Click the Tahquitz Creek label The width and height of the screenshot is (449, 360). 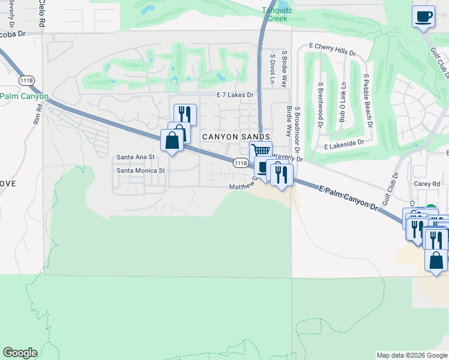[x=275, y=14]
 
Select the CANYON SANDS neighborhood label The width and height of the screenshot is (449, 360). [x=232, y=137]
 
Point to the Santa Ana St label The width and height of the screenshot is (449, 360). [x=136, y=157]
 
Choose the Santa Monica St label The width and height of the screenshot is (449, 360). [x=140, y=170]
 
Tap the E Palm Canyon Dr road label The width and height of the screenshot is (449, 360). [x=351, y=199]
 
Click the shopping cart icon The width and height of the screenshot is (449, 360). [x=261, y=151]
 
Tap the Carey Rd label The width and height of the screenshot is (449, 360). [x=427, y=184]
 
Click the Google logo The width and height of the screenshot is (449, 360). [x=20, y=353]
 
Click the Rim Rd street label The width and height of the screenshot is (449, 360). [x=38, y=114]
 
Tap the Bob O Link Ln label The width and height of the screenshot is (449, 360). [x=343, y=102]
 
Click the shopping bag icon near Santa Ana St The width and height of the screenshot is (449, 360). [x=172, y=141]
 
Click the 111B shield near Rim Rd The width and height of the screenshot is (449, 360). [x=26, y=80]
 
